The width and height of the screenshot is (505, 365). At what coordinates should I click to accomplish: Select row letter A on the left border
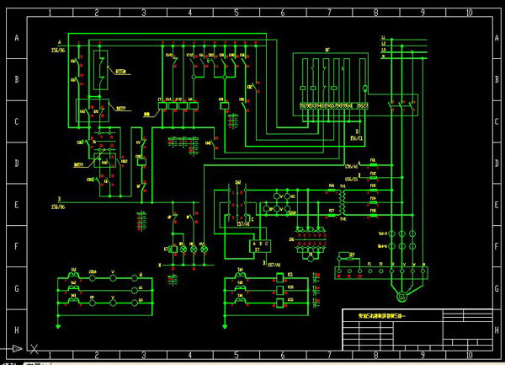pos(14,38)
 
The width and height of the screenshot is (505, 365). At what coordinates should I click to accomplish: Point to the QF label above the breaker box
pos(327,50)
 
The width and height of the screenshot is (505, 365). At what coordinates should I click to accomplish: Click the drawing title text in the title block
pos(381,315)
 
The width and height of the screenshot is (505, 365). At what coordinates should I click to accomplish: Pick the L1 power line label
pos(384,39)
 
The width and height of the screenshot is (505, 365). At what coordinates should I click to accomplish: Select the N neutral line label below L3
pos(384,59)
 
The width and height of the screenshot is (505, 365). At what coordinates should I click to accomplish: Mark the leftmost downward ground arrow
pos(58,325)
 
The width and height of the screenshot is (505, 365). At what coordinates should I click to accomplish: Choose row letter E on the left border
pos(14,204)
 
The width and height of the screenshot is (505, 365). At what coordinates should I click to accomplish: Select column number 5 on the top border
pos(236,13)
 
